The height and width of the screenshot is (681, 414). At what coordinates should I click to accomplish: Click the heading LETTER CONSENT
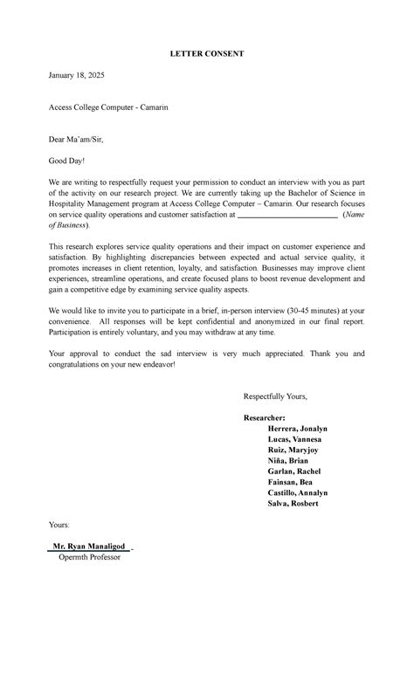point(206,54)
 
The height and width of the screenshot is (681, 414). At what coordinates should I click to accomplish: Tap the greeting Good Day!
point(67,161)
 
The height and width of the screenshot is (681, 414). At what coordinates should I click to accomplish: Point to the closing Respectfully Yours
point(275,396)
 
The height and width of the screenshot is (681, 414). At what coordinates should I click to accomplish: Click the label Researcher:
point(265,418)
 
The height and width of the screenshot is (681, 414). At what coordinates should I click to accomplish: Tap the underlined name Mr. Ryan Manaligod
point(91,547)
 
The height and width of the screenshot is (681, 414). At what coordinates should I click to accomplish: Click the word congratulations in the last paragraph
point(86,364)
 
